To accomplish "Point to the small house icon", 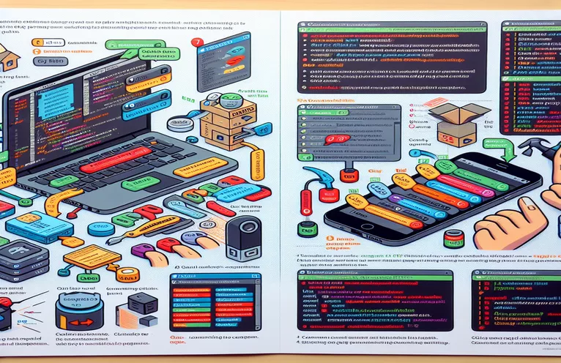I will tap(9, 56).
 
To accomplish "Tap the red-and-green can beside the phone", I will tap(454, 239).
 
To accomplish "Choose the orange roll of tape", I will tap(127, 274).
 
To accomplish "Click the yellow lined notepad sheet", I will tap(92, 255).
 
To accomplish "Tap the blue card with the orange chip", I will tap(40, 226).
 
